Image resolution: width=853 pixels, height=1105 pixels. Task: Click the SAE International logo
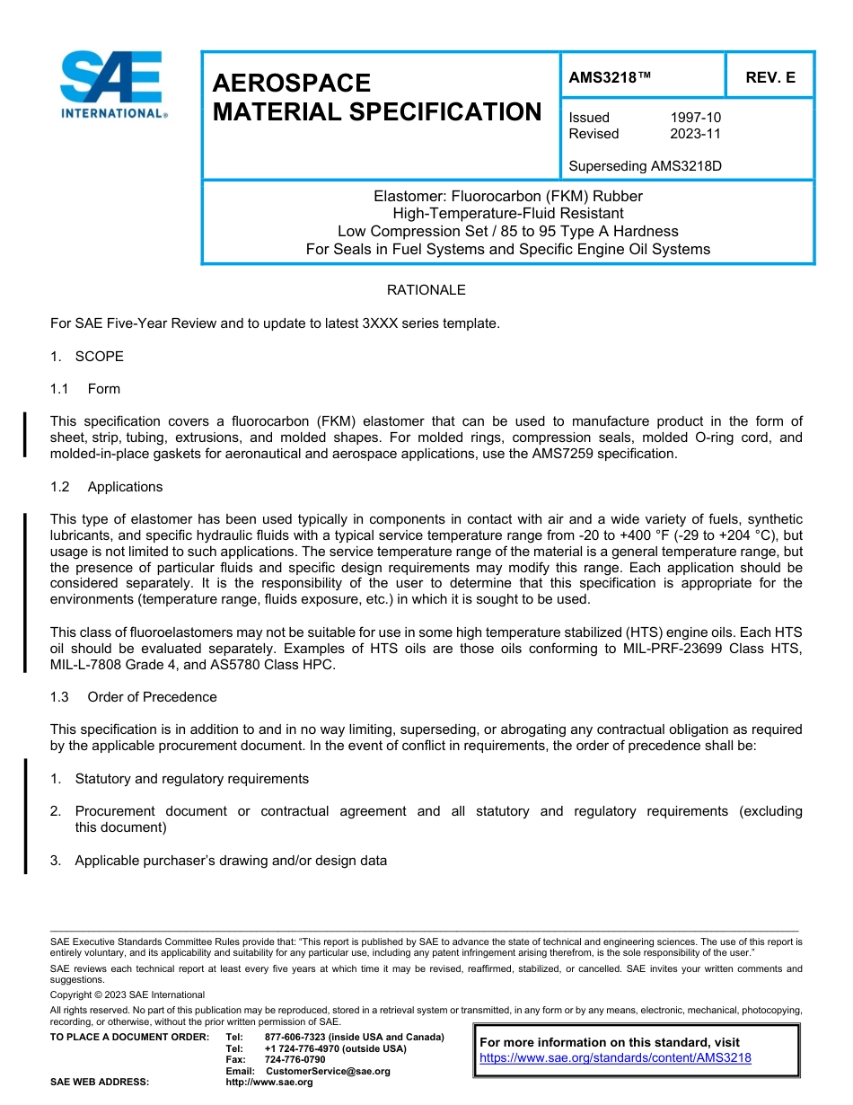coord(111,84)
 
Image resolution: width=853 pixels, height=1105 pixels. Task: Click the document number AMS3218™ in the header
coord(609,78)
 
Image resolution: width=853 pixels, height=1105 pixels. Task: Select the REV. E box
coord(769,78)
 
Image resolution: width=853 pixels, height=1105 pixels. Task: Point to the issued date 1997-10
coord(695,118)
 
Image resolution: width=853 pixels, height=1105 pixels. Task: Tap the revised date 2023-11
coord(695,134)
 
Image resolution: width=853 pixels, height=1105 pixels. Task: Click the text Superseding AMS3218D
coord(646,166)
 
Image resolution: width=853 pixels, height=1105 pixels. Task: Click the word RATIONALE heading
coord(426,290)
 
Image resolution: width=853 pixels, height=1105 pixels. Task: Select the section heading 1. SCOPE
coord(87,357)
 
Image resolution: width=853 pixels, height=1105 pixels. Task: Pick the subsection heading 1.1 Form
coord(86,389)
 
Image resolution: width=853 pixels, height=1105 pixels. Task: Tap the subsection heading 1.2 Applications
coord(107,487)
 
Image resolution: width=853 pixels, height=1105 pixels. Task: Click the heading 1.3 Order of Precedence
coord(134,697)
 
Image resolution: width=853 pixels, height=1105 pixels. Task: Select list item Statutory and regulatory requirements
coord(191,779)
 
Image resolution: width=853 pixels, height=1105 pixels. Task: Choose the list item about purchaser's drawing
coord(231,861)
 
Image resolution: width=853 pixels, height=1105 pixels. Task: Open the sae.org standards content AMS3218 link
coord(615,1058)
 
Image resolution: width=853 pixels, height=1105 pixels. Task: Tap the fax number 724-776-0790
coord(295,1060)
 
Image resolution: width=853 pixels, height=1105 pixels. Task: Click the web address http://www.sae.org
coord(269,1083)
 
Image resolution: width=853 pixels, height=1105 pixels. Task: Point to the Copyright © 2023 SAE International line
coord(128,994)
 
